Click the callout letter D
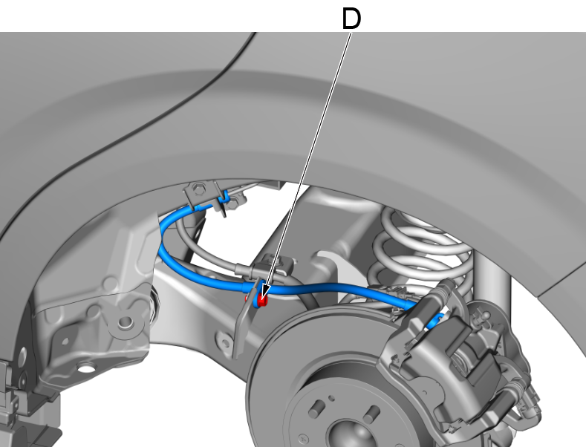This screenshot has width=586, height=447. pos(351,19)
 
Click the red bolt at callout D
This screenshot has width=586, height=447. pos(261,301)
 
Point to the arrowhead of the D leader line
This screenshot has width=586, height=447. pos(263,293)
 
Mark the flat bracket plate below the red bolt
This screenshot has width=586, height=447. pos(240,323)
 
